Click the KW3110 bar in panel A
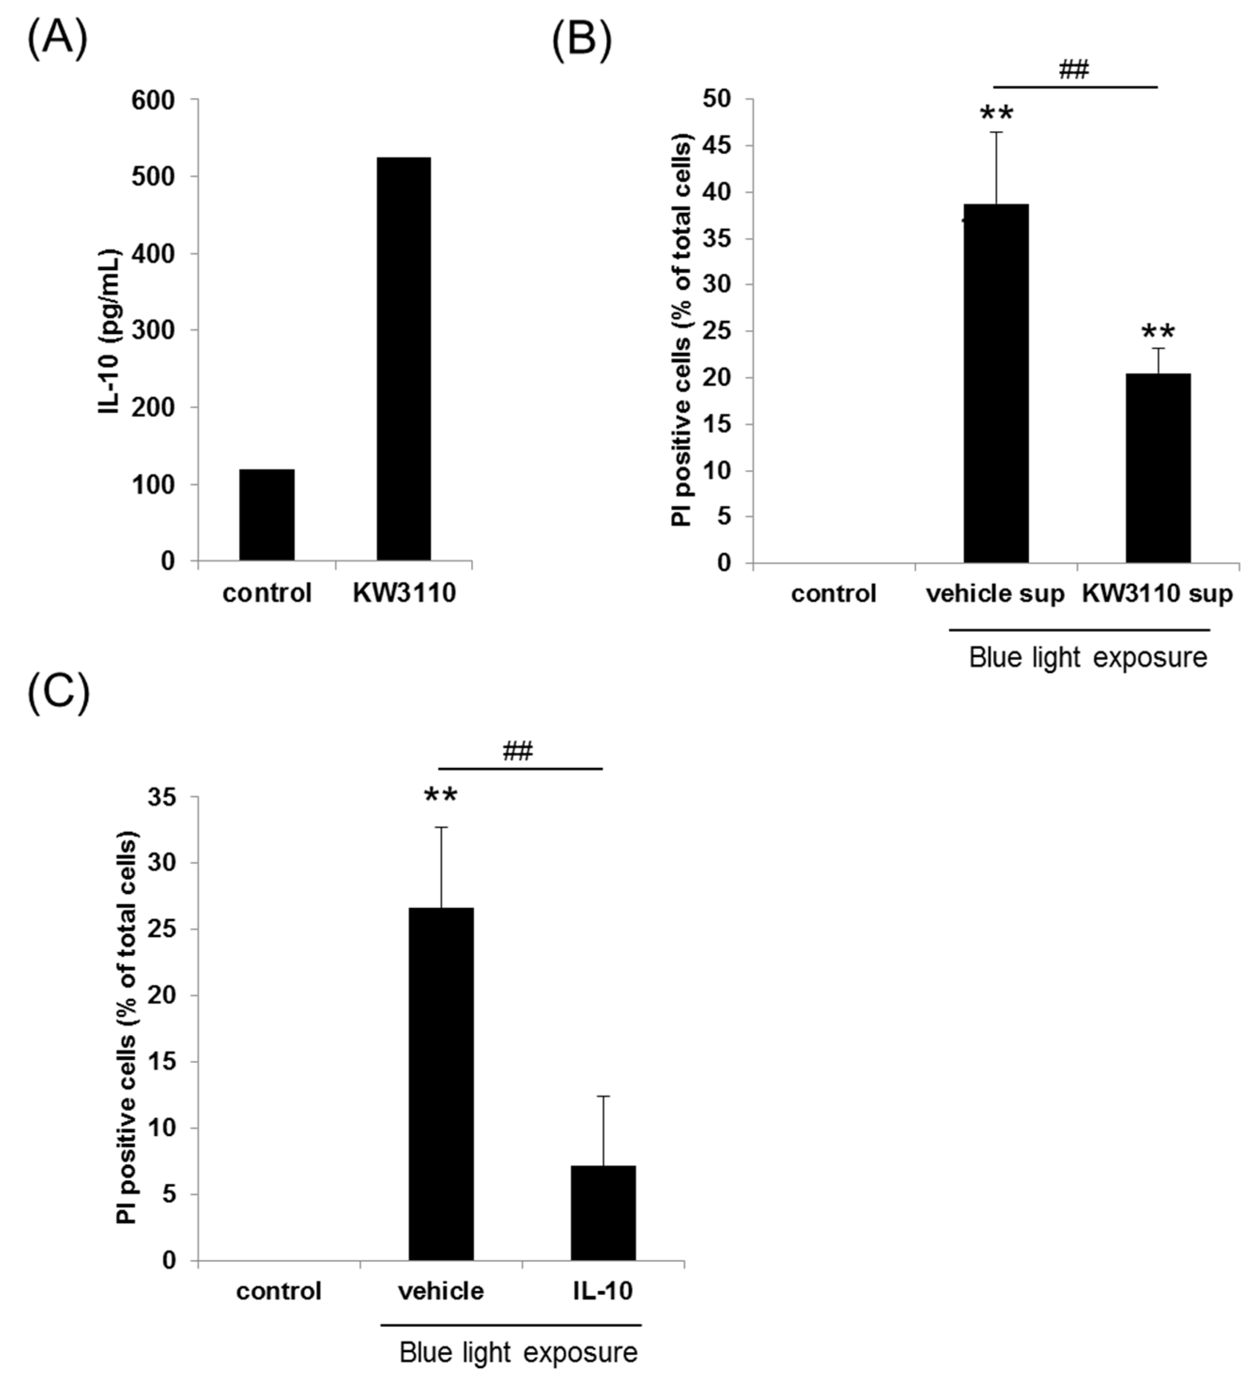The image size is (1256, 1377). coord(404,359)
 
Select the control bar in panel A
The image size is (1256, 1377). coord(266,515)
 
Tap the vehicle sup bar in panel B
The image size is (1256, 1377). coord(996,383)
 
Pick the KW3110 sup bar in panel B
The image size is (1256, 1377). coord(1158,468)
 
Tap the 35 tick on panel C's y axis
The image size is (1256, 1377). coord(163,798)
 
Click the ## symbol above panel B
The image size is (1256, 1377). coord(1074,69)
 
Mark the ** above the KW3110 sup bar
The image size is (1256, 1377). coord(1158,333)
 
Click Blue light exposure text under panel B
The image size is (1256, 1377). coord(1088,658)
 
